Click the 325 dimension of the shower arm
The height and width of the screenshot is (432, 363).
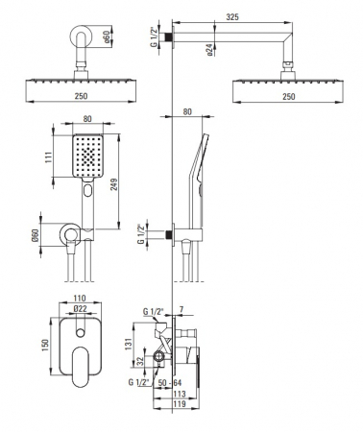232,16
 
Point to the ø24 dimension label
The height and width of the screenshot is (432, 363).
210,50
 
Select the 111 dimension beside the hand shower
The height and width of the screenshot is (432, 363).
48,157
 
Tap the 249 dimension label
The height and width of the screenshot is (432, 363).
114,184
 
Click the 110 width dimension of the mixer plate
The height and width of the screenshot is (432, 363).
80,298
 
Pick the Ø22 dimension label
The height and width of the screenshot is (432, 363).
80,308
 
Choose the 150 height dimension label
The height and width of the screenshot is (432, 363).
45,345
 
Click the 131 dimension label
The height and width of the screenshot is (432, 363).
129,344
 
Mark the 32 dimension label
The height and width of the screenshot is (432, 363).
140,362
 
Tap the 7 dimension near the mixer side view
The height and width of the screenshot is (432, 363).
181,309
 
